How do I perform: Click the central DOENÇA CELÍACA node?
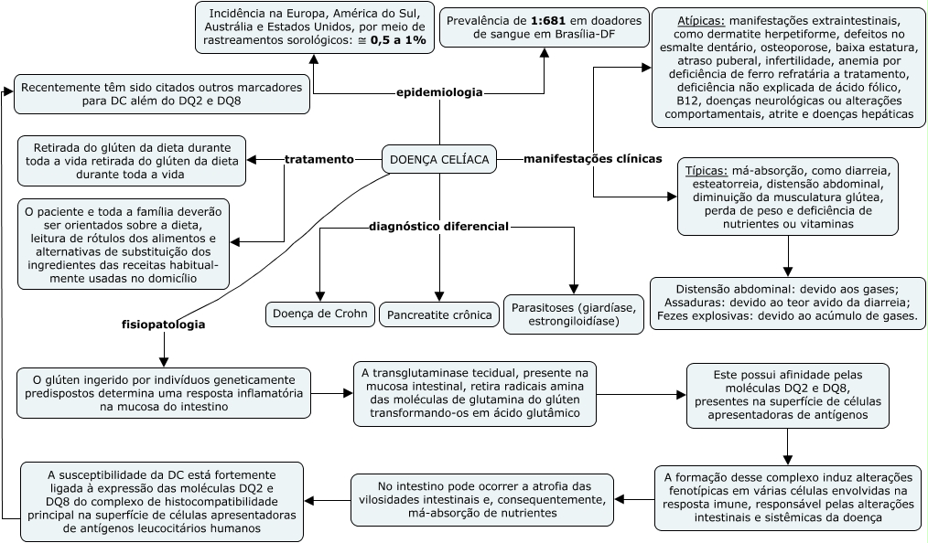click(x=439, y=160)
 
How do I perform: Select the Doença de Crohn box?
click(x=320, y=314)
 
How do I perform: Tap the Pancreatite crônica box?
click(x=439, y=315)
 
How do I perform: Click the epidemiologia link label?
click(x=440, y=92)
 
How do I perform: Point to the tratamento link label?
click(x=318, y=159)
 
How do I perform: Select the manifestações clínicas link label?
click(x=592, y=158)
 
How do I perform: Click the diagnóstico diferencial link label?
click(x=438, y=225)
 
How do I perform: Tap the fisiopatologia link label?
click(x=164, y=324)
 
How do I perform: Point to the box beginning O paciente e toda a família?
click(x=124, y=244)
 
